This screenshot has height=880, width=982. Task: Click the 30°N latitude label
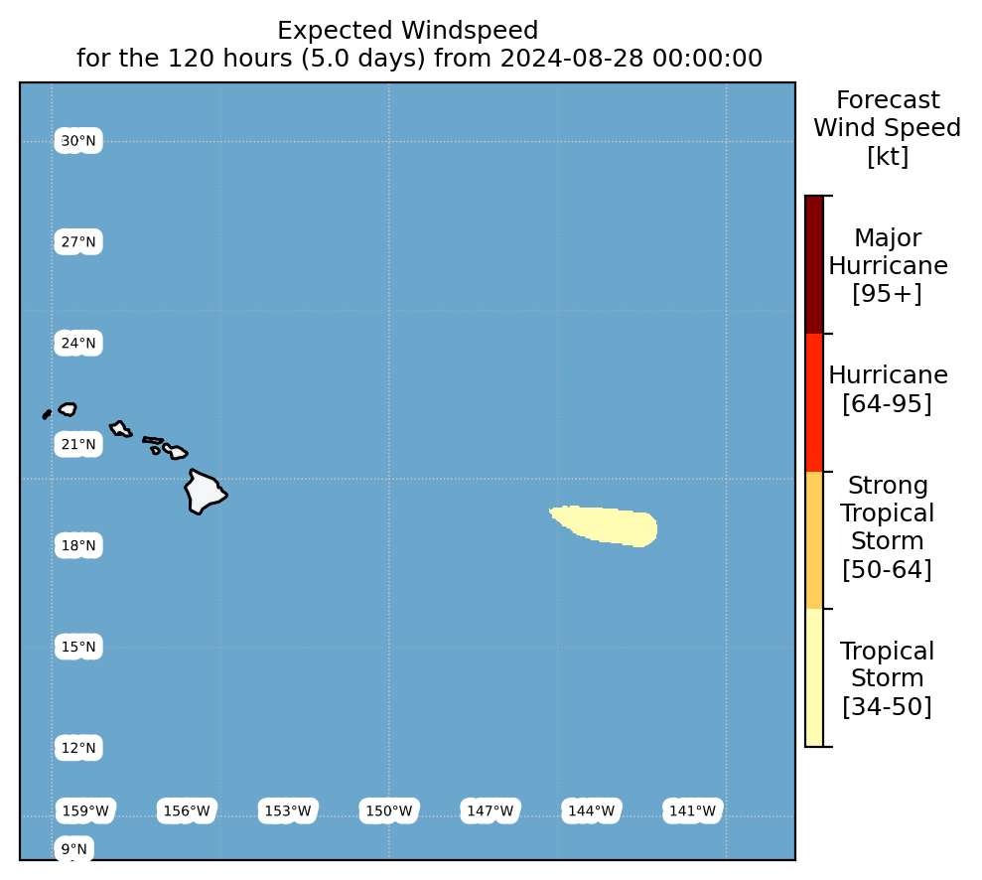click(x=78, y=141)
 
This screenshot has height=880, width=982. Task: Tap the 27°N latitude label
click(x=78, y=241)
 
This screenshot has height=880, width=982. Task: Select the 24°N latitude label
click(x=78, y=344)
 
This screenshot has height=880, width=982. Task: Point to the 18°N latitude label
click(x=78, y=545)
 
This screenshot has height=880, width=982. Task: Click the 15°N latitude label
click(x=78, y=647)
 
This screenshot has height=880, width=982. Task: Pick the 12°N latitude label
click(x=78, y=748)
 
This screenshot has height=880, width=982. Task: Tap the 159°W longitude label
click(x=85, y=811)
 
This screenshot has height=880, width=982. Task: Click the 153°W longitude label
click(x=288, y=811)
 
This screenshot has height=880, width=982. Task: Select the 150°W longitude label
click(x=389, y=811)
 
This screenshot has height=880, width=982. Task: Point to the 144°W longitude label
click(x=591, y=811)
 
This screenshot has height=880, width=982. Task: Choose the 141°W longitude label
click(x=692, y=811)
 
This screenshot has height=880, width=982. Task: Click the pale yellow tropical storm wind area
click(x=608, y=524)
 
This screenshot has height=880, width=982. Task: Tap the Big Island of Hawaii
click(x=205, y=492)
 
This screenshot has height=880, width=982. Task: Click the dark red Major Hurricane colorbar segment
click(x=814, y=264)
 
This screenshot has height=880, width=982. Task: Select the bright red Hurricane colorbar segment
click(x=814, y=402)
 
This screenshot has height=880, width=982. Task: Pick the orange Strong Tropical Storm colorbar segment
click(x=814, y=540)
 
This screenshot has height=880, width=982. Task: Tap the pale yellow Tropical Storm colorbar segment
click(x=814, y=677)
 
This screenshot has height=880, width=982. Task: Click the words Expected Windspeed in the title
click(x=408, y=30)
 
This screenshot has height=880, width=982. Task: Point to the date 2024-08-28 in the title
click(x=572, y=59)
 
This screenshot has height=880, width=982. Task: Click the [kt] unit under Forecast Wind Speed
click(x=888, y=156)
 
